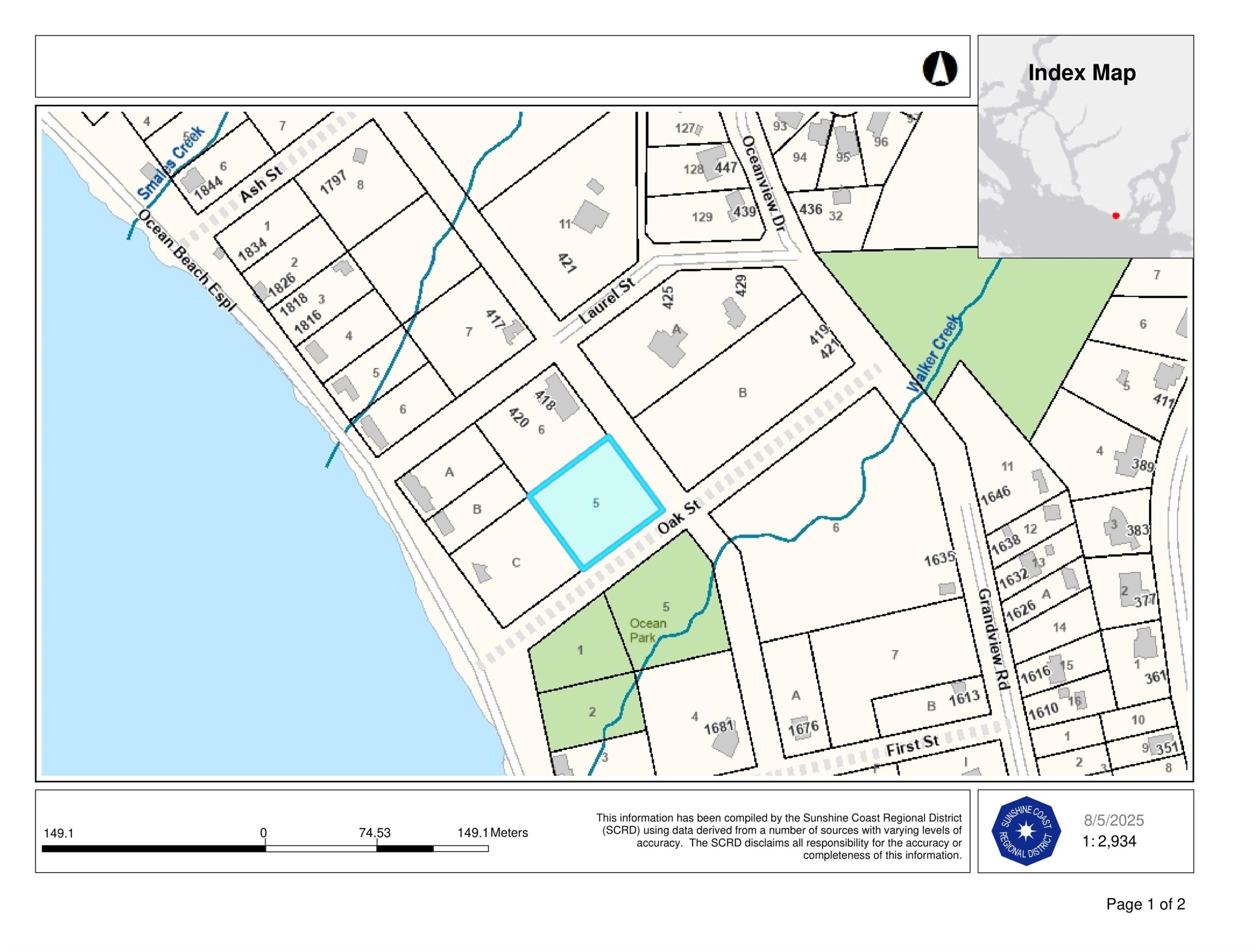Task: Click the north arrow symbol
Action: pos(939,69)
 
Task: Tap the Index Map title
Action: pos(1081,73)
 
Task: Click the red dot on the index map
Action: pos(1115,216)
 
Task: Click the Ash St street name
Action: pos(261,183)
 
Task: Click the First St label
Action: pos(913,745)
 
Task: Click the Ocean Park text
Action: pos(647,631)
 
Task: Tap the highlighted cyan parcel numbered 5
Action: pos(595,503)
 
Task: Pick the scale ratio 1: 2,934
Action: pos(1109,841)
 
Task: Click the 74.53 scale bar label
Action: pos(375,833)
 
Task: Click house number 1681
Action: pos(719,727)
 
